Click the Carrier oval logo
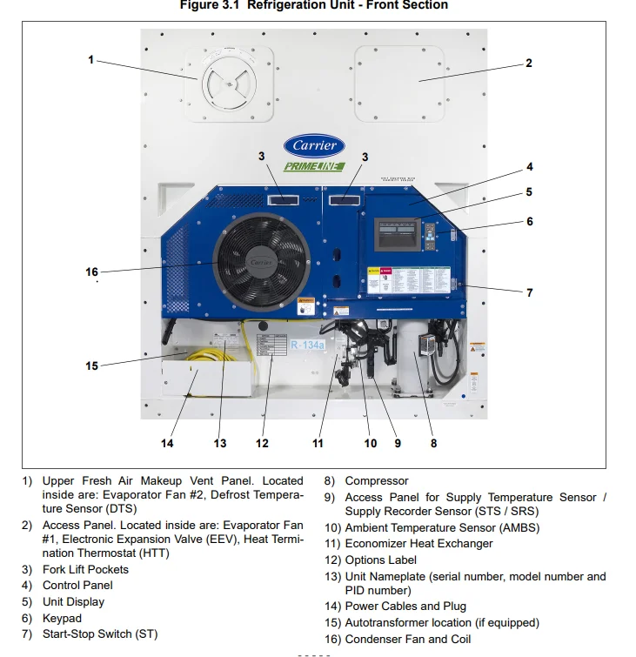pyautogui.click(x=313, y=145)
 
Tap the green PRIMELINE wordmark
pyautogui.click(x=314, y=166)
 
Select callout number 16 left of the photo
pyautogui.click(x=92, y=272)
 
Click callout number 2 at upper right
pyautogui.click(x=529, y=64)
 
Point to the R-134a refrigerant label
pyautogui.click(x=307, y=345)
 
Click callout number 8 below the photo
pyautogui.click(x=433, y=444)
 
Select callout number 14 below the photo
pyautogui.click(x=167, y=444)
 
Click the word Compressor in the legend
pyautogui.click(x=376, y=480)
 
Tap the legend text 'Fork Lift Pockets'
pyautogui.click(x=85, y=569)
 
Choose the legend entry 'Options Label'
pyautogui.click(x=380, y=560)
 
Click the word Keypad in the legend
pyautogui.click(x=62, y=618)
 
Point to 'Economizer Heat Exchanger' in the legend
pyautogui.click(x=418, y=544)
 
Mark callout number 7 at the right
pyautogui.click(x=529, y=293)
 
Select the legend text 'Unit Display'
pyautogui.click(x=73, y=601)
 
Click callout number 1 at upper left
pyautogui.click(x=90, y=60)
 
